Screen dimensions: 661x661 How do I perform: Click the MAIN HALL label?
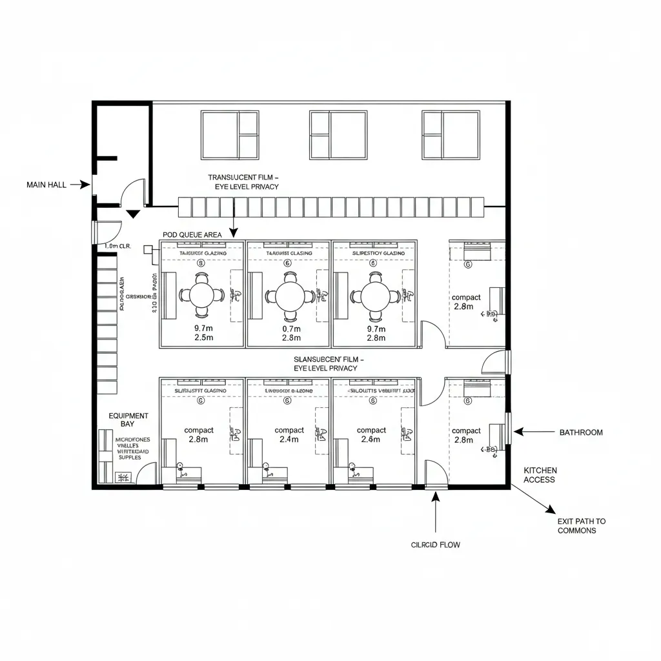[46, 185]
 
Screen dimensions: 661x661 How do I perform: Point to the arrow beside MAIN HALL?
[80, 185]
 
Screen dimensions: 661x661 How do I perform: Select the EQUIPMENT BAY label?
[128, 420]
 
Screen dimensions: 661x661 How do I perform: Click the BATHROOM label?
[581, 432]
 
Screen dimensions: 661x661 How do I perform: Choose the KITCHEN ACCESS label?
[540, 475]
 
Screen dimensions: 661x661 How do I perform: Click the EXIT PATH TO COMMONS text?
[582, 525]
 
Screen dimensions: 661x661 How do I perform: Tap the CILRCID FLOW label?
[436, 545]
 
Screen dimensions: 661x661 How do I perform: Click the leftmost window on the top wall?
[230, 135]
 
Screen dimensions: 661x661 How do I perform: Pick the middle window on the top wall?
[338, 135]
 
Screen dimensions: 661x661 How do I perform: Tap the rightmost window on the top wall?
[451, 135]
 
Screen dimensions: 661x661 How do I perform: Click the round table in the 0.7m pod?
[289, 296]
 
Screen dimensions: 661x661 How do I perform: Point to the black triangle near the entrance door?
[134, 214]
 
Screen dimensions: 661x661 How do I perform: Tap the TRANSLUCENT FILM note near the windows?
[243, 181]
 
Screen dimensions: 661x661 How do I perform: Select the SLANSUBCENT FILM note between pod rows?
[329, 363]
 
